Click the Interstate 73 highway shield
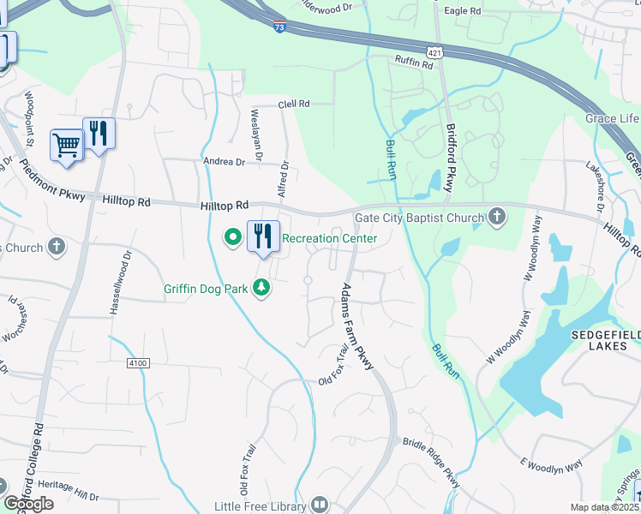pos(280,25)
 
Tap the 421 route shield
pos(437,52)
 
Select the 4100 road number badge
pos(138,363)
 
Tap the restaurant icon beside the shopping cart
pos(99,133)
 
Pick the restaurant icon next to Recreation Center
pos(263,236)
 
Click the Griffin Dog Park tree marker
pos(261,290)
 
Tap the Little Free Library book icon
pos(320,505)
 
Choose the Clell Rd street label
pos(293,104)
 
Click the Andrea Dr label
pos(224,161)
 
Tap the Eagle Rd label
pos(462,11)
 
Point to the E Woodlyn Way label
pos(550,465)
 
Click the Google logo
pos(28,504)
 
